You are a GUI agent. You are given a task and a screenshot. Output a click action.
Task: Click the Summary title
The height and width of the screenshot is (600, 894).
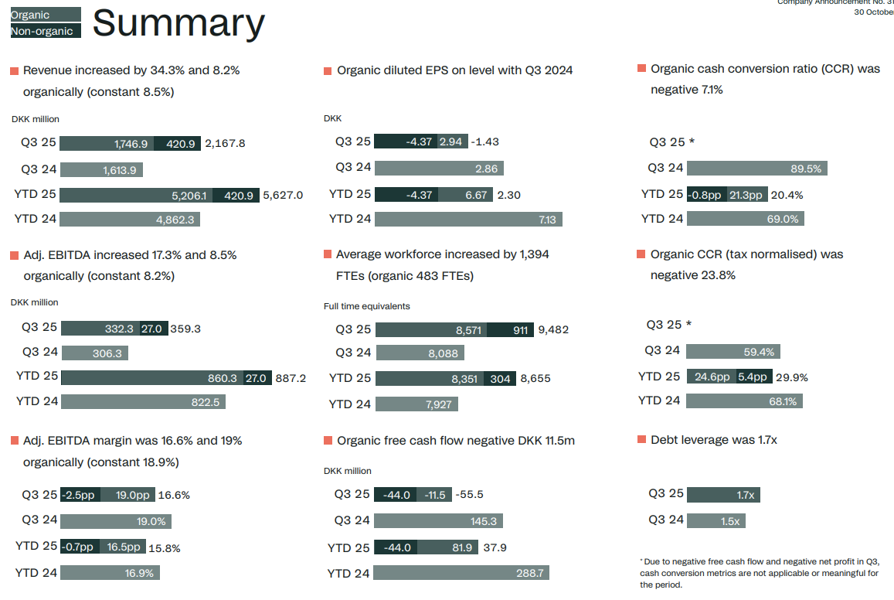(x=178, y=24)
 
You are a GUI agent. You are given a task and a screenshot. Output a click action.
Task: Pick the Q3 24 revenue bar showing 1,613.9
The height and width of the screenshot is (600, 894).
(x=101, y=170)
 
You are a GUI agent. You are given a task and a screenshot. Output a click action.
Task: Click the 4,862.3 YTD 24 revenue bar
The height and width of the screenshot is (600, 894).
(x=131, y=220)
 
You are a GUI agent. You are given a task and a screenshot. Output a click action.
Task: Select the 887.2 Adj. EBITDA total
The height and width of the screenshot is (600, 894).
(x=291, y=378)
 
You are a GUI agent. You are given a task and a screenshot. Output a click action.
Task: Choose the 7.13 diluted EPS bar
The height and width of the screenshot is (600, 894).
(x=468, y=220)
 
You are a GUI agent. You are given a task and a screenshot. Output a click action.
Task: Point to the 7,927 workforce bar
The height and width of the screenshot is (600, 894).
(x=416, y=404)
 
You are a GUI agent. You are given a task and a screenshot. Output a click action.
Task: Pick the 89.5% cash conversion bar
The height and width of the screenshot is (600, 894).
(x=756, y=169)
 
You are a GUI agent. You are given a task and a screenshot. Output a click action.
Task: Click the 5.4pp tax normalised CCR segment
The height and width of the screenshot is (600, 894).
(x=752, y=377)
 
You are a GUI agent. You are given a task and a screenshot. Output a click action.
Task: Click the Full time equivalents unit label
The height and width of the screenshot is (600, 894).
(x=367, y=306)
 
